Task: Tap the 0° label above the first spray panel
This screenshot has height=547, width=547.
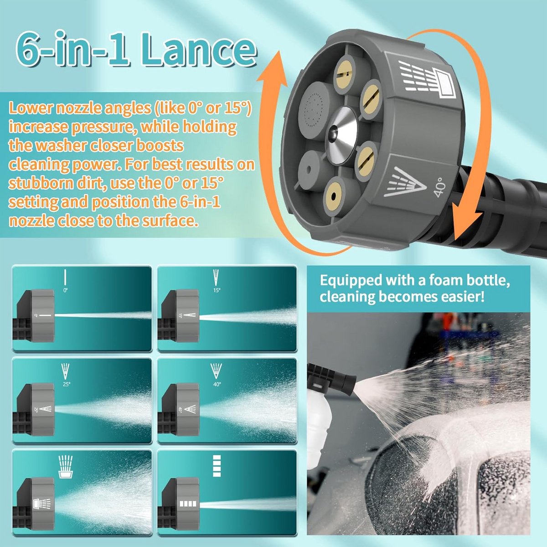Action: pos(65,290)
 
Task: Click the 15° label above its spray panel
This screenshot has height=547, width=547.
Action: pos(217,290)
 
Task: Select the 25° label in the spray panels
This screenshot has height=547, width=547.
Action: pos(66,384)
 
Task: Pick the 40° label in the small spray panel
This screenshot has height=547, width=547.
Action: pos(217,384)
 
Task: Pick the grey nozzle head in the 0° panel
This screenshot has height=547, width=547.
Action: pos(42,315)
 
